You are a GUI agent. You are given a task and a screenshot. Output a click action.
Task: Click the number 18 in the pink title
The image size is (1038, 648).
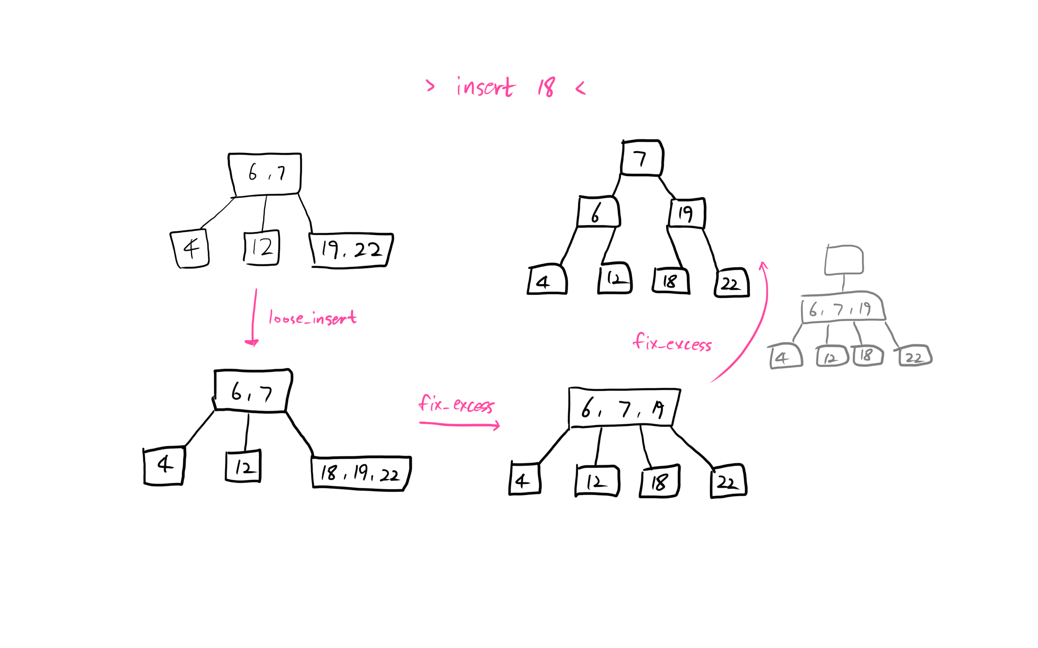point(547,87)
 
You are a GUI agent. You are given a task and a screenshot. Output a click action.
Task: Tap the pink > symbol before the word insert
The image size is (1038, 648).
point(430,86)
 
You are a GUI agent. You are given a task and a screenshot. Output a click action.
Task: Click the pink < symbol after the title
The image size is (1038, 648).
point(580,88)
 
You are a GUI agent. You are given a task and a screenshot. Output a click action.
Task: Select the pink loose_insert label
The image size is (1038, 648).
point(313,318)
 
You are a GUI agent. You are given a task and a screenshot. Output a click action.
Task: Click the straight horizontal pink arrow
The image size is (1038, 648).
point(459,425)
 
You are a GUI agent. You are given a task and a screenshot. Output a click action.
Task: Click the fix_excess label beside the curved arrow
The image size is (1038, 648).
point(672,343)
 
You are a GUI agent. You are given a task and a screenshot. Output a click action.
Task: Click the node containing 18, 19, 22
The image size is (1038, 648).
point(361,473)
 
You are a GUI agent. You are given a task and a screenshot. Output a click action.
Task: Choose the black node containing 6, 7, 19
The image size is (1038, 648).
point(624,407)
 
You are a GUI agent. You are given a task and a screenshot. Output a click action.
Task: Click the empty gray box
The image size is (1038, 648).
point(844,260)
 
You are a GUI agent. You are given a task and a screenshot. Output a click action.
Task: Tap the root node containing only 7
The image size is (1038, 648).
point(641,158)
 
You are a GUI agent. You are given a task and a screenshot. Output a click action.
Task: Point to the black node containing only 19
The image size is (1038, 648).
point(687,213)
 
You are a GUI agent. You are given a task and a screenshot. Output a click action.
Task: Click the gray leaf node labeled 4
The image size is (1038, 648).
point(786,357)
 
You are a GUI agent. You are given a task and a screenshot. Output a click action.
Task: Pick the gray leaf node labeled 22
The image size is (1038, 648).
point(915,356)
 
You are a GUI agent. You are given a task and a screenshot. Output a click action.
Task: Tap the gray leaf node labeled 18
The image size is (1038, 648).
point(867,355)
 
